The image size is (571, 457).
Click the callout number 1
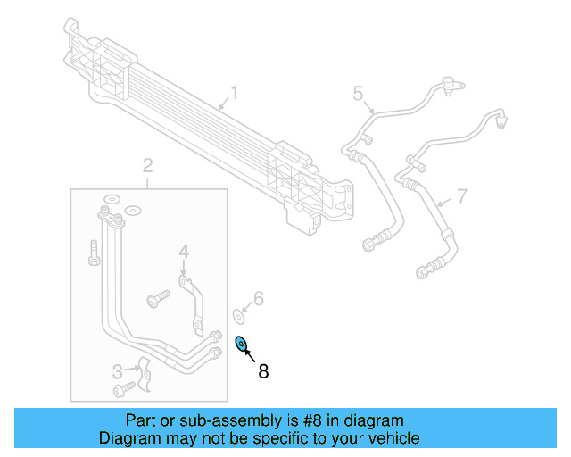click(x=235, y=92)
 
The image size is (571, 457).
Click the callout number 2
click(x=147, y=165)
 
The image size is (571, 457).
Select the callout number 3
click(x=117, y=371)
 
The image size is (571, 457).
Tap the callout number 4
click(x=183, y=253)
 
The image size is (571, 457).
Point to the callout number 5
click(x=358, y=93)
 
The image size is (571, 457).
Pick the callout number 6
click(x=259, y=298)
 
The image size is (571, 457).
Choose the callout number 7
click(x=461, y=195)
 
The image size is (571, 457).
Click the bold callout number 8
click(x=263, y=371)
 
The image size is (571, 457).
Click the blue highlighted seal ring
click(x=241, y=345)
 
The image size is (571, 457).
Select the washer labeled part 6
click(x=239, y=313)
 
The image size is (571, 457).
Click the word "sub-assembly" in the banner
click(x=208, y=420)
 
